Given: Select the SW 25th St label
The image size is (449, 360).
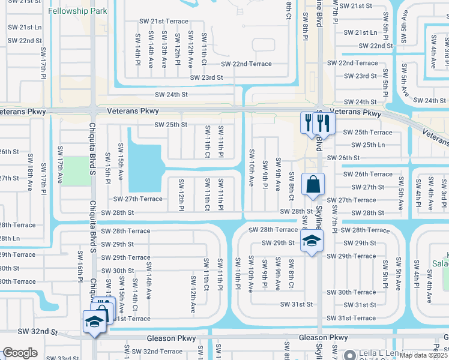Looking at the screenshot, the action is point(171,125).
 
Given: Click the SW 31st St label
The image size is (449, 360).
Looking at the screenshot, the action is point(297,305).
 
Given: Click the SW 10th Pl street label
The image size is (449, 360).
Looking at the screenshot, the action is point(237,274).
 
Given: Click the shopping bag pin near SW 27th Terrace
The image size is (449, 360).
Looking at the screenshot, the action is point(314,185).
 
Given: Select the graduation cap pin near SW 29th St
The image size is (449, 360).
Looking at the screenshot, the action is point(312,241).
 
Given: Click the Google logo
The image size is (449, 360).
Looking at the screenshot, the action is point(20,353).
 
